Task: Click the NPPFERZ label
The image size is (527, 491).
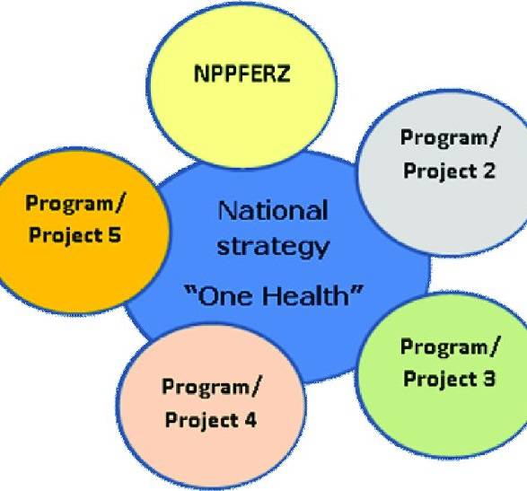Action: (x=242, y=74)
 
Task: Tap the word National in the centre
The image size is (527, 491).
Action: (x=273, y=211)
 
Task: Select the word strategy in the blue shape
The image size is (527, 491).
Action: (x=273, y=248)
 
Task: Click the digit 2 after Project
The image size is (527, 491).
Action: (x=487, y=170)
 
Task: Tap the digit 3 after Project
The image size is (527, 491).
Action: (x=487, y=379)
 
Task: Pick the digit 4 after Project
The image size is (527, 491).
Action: (x=250, y=419)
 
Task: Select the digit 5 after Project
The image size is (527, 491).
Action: (x=114, y=234)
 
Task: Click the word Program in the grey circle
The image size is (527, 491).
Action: (x=443, y=138)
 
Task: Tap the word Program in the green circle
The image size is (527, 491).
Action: (x=443, y=347)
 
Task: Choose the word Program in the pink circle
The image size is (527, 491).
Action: (x=205, y=387)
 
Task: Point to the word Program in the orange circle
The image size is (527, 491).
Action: (x=68, y=204)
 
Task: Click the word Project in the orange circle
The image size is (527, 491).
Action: (x=66, y=235)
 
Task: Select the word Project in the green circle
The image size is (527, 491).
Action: (x=440, y=380)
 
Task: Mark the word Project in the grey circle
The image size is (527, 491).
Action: (x=440, y=171)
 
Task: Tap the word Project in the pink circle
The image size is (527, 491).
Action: (x=202, y=420)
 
